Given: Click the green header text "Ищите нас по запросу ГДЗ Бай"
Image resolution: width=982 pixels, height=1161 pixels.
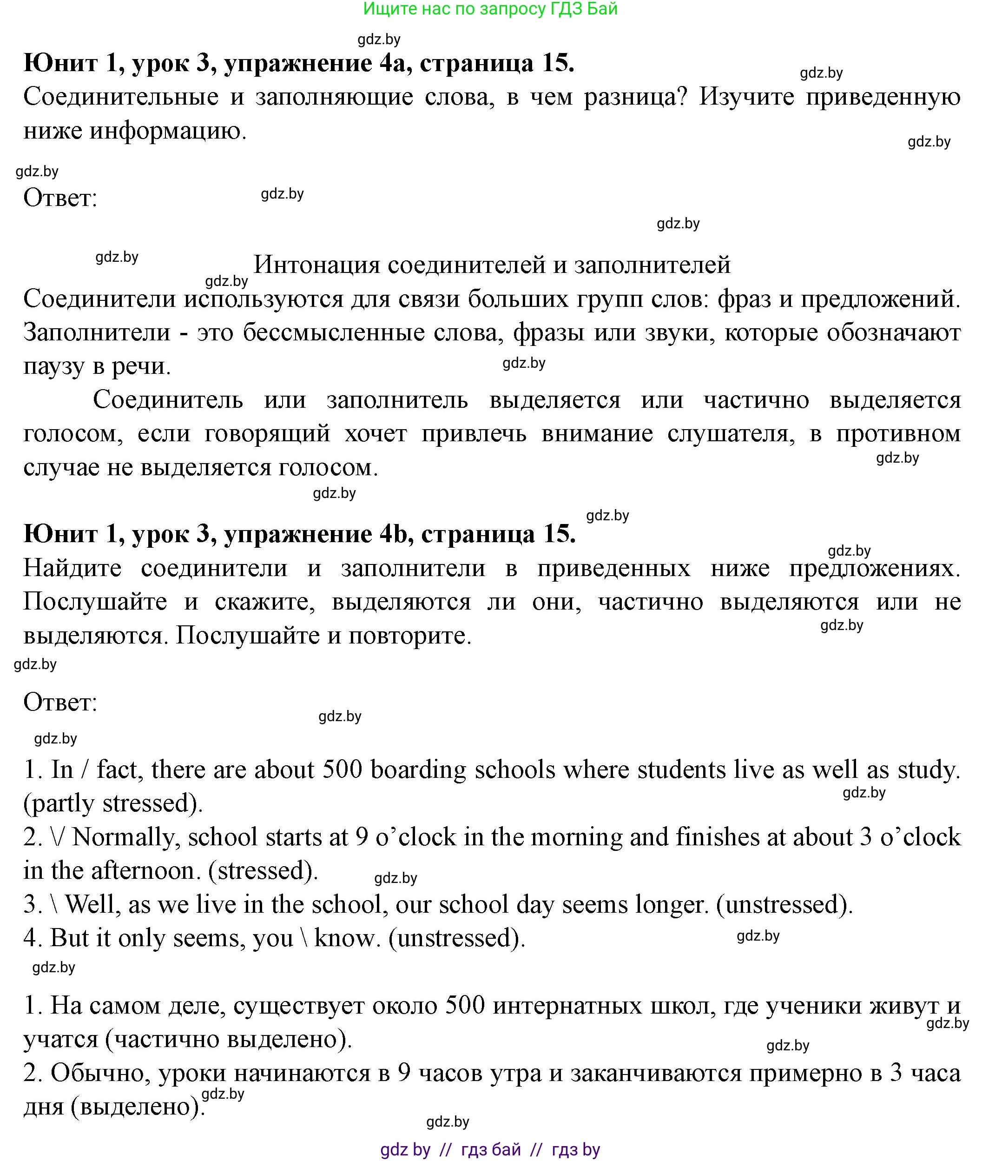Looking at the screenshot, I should point(490,9).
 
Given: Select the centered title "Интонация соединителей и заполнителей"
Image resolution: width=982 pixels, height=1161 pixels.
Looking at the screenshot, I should point(492,265).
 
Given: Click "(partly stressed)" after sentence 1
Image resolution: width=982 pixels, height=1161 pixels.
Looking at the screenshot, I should point(113,803).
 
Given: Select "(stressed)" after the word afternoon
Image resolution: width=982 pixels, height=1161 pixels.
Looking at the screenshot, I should point(263,870).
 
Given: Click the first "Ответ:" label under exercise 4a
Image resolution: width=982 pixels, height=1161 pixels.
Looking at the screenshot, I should point(60,198).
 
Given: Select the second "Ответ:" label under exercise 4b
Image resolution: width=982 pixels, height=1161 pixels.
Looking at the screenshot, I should point(60,702).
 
